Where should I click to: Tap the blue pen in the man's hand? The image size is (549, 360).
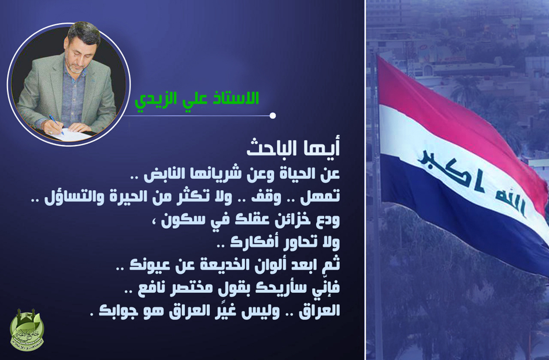pyautogui.click(x=56, y=124)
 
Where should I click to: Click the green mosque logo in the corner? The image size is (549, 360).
pyautogui.click(x=27, y=330)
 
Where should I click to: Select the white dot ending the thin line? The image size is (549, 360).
pyautogui.click(x=273, y=116)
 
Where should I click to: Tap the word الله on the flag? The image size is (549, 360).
pyautogui.click(x=510, y=203)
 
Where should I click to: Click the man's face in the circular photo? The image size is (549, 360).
pyautogui.click(x=79, y=51)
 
